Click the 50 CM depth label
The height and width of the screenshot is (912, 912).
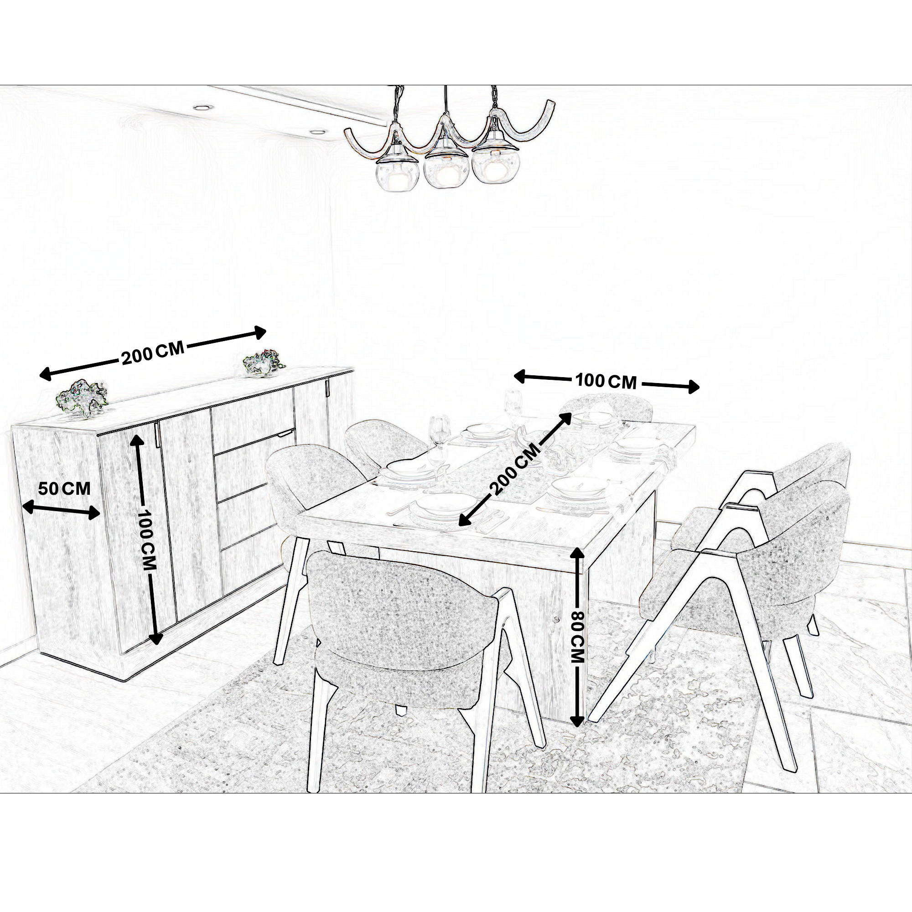tap(64, 488)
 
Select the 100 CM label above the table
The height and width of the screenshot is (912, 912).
tap(606, 381)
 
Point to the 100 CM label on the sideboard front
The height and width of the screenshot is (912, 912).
tap(147, 539)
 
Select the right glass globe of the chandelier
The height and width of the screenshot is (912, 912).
tap(492, 167)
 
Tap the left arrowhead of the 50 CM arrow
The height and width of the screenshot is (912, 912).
tap(27, 507)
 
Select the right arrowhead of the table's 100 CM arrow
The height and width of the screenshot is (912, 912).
tap(694, 387)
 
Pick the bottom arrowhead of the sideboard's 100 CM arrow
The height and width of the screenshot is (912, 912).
tap(156, 639)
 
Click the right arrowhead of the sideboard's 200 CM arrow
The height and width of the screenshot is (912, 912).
tap(260, 332)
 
